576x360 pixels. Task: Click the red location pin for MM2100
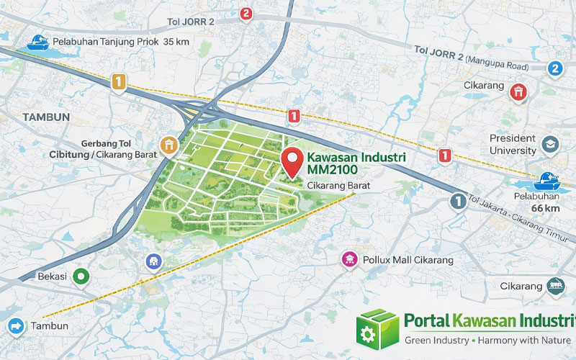[x=292, y=161]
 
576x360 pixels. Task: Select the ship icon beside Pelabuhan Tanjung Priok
[x=37, y=42]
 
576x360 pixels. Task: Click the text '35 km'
[x=177, y=42]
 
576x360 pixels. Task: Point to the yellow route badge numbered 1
[x=119, y=81]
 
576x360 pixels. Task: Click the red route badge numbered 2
[x=246, y=13]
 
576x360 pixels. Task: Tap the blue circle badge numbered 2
[x=554, y=68]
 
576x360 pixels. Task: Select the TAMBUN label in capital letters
[x=45, y=117]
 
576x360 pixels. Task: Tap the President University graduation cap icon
[x=550, y=144]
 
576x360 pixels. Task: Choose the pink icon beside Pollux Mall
[x=349, y=258]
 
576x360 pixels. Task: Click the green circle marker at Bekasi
[x=81, y=276]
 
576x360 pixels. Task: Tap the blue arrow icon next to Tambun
[x=15, y=326]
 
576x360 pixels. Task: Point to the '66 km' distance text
[x=545, y=208]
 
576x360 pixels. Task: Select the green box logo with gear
[x=377, y=328]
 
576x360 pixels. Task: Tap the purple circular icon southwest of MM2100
[x=152, y=261]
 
